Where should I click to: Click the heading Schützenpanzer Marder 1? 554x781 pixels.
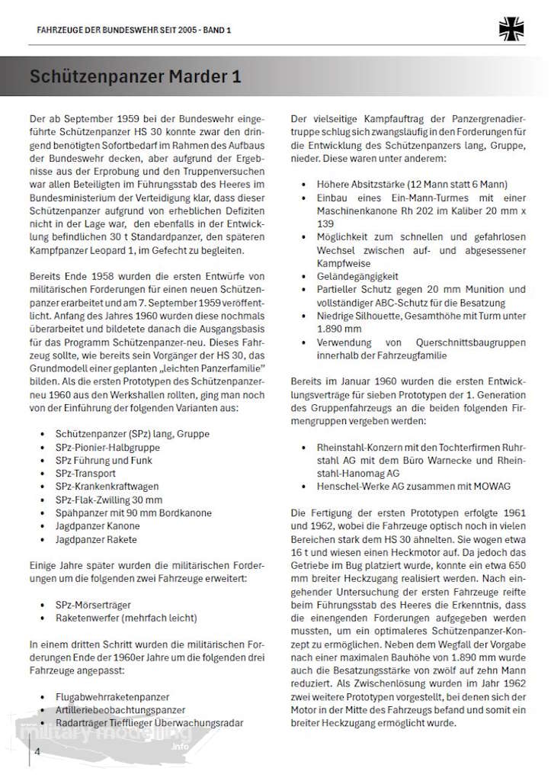(135, 78)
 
